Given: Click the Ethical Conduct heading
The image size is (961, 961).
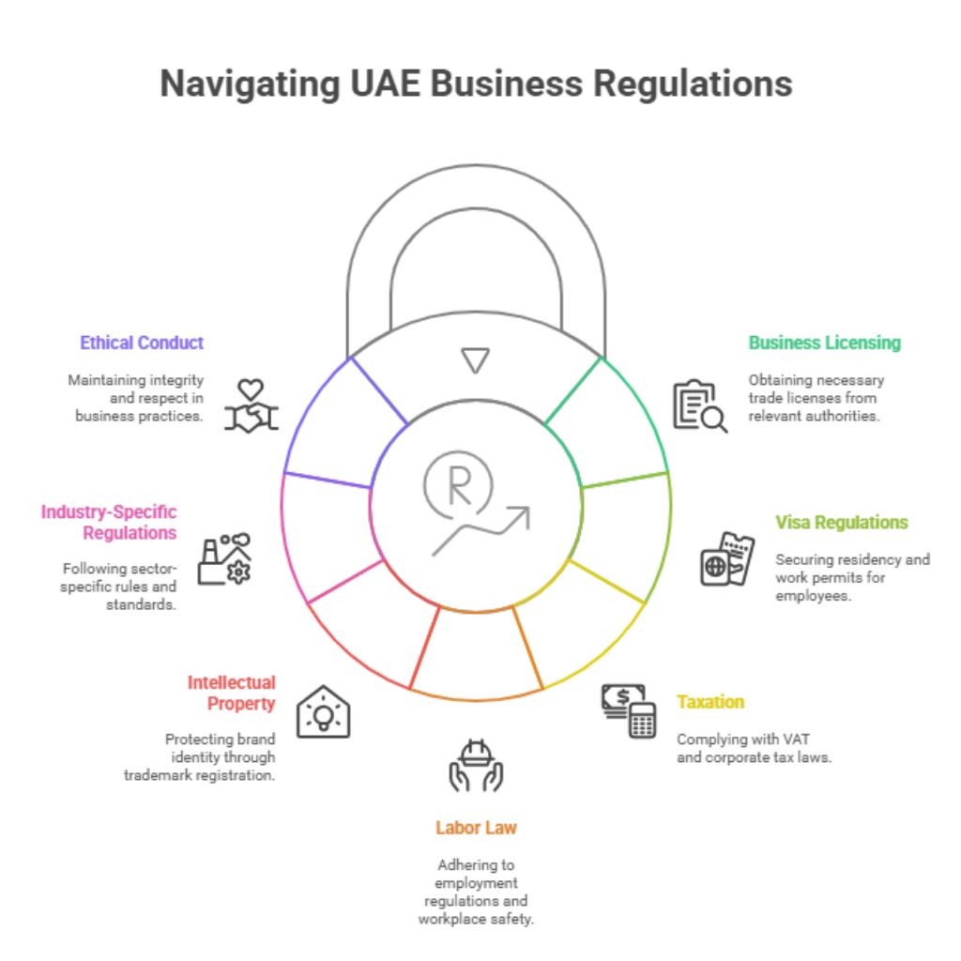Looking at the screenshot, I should tap(142, 343).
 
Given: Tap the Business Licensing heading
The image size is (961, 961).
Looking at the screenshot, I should tap(824, 343).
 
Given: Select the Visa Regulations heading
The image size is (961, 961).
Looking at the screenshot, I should tap(841, 522).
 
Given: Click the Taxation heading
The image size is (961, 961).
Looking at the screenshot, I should tap(710, 701).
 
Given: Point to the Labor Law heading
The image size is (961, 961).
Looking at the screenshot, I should tap(476, 827).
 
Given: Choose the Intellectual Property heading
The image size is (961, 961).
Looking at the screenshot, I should tap(231, 693).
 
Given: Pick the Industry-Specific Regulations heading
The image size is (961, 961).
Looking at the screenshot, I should tap(109, 522).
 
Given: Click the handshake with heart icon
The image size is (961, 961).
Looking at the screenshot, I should tap(252, 405).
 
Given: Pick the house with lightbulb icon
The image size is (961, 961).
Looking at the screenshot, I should tap(323, 710).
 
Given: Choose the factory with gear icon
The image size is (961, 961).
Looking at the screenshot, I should tap(225, 560).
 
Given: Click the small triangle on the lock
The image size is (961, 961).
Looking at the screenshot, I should tap(476, 360).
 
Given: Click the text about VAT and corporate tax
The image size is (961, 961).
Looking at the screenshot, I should tap(754, 748).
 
